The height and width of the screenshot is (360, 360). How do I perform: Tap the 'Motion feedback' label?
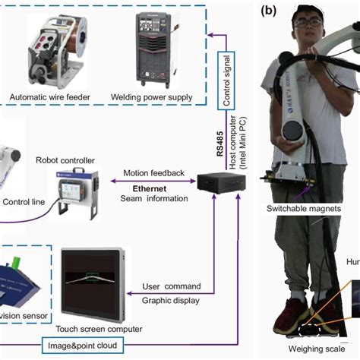(x=154, y=172)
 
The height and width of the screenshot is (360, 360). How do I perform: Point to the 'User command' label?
(x=172, y=286)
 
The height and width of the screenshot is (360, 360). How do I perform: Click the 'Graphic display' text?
(x=172, y=298)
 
